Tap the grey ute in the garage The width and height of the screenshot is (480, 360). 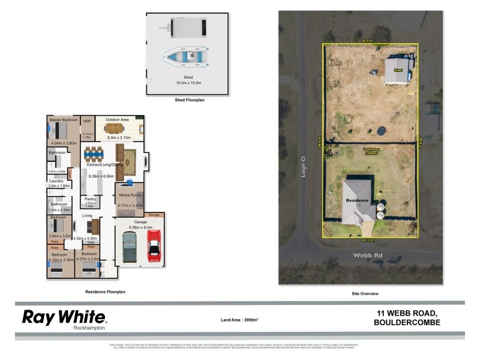tap(130, 246)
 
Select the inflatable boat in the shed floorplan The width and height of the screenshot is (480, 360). tap(188, 56)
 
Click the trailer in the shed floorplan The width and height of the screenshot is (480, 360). tap(187, 26)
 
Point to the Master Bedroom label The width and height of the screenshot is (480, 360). tap(64, 119)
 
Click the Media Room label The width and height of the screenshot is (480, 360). tap(130, 195)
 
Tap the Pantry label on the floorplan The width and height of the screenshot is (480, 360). tap(91, 199)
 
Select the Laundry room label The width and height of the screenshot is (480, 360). tap(56, 181)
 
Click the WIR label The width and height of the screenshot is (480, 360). tap(87, 121)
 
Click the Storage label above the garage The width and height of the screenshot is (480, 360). tap(154, 214)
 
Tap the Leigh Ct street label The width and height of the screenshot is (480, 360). tap(304, 164)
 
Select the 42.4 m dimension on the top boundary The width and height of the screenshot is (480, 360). tap(368, 41)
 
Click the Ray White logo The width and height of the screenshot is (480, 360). tap(64, 318)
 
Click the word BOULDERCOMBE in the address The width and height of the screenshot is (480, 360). tap(408, 323)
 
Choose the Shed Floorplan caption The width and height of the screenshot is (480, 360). tap(188, 100)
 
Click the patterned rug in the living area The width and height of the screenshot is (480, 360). tap(133, 161)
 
